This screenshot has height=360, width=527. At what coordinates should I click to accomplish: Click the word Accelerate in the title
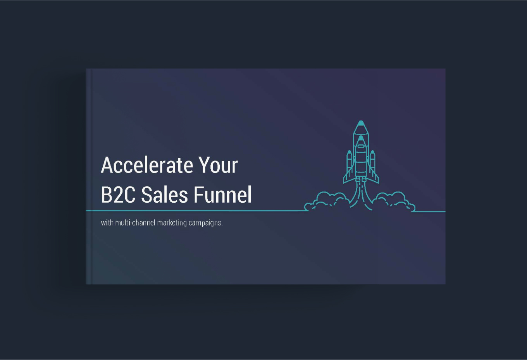coord(147,165)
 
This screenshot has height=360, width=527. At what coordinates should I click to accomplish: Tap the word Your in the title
coord(218,165)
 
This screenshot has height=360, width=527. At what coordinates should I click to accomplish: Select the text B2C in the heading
coord(118,195)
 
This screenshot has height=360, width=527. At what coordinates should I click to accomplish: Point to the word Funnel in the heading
coord(222,195)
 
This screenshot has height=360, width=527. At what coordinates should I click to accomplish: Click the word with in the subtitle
coord(107,222)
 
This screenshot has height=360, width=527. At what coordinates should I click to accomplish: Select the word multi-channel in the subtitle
coord(135,222)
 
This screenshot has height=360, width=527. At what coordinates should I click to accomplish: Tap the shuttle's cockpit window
coord(361,146)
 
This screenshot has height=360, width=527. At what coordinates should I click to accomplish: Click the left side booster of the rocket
coord(350,162)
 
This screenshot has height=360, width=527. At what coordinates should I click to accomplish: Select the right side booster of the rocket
coord(372,162)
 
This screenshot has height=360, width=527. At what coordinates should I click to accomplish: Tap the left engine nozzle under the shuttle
coord(358,180)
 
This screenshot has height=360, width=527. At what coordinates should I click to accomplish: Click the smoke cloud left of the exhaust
coord(327,202)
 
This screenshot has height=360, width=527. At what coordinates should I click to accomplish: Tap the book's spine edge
coord(89,176)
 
